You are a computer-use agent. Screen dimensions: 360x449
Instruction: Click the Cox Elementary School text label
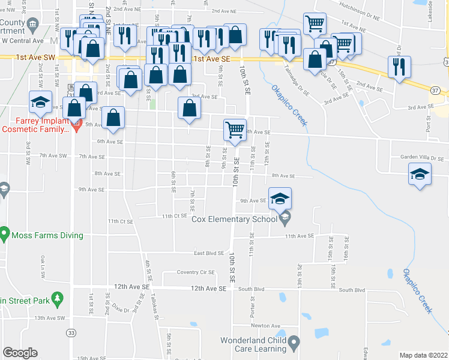[234, 219]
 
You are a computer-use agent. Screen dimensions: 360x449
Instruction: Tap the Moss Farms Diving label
[46, 235]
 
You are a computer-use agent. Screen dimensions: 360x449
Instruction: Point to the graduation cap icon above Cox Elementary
[280, 199]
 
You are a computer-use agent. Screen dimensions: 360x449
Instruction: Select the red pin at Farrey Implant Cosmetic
[76, 125]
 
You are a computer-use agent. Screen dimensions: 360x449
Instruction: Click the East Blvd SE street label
[209, 253]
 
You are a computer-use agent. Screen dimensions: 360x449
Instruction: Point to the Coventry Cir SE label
[195, 272]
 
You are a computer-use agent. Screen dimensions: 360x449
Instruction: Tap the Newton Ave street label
[265, 326]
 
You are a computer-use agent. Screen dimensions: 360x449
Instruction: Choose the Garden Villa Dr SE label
[423, 157]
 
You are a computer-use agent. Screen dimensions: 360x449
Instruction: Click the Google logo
[20, 353]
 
